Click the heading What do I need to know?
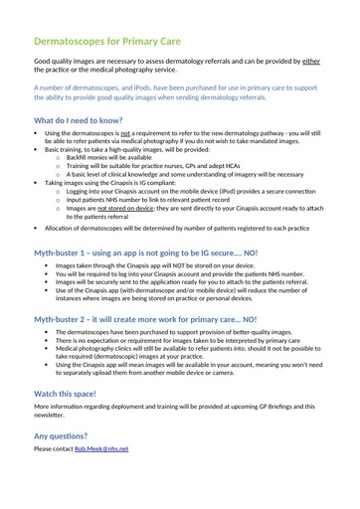[89, 119]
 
